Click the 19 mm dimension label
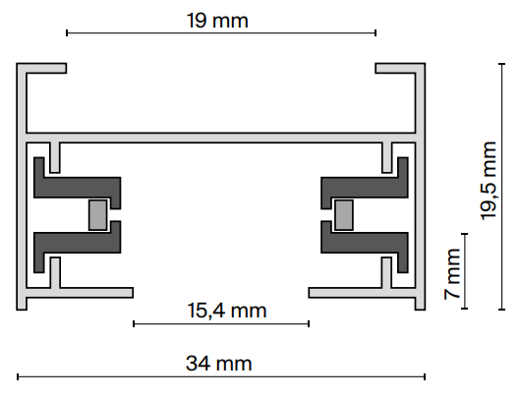[221, 19]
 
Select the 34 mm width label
[221, 364]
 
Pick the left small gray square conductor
[98, 214]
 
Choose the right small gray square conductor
[343, 214]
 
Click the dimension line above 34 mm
[221, 376]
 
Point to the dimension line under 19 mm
[221, 33]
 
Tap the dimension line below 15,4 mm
[221, 322]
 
